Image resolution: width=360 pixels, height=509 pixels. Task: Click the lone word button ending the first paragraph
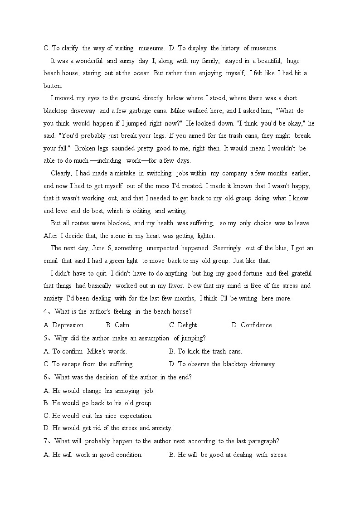[53, 86]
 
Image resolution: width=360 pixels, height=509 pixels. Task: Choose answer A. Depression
[64, 325]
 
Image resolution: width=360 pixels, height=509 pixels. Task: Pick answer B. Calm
[118, 325]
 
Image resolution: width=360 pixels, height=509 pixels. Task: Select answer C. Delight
[184, 325]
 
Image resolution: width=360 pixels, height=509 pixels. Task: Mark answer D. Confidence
[253, 325]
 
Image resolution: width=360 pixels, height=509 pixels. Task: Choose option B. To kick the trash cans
[205, 351]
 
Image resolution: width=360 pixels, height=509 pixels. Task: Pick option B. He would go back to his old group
[98, 403]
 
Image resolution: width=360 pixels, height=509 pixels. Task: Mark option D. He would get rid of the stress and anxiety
[108, 428]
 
